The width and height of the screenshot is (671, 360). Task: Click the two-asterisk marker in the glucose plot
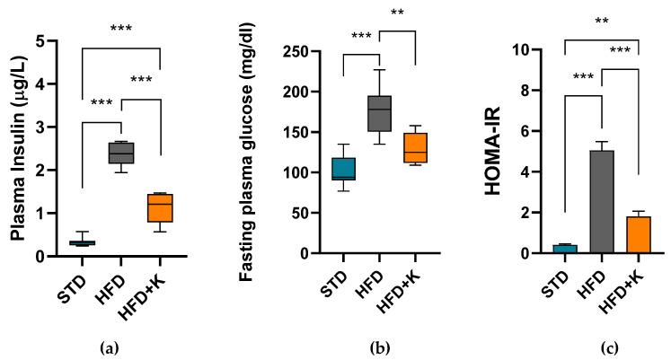pos(397,13)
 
